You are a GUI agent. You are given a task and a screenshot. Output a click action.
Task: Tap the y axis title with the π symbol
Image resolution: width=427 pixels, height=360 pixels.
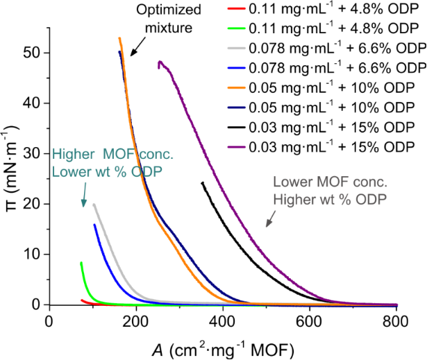click(12, 166)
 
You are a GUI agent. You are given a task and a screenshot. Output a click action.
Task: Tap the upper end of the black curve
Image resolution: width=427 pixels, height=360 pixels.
click(202, 183)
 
